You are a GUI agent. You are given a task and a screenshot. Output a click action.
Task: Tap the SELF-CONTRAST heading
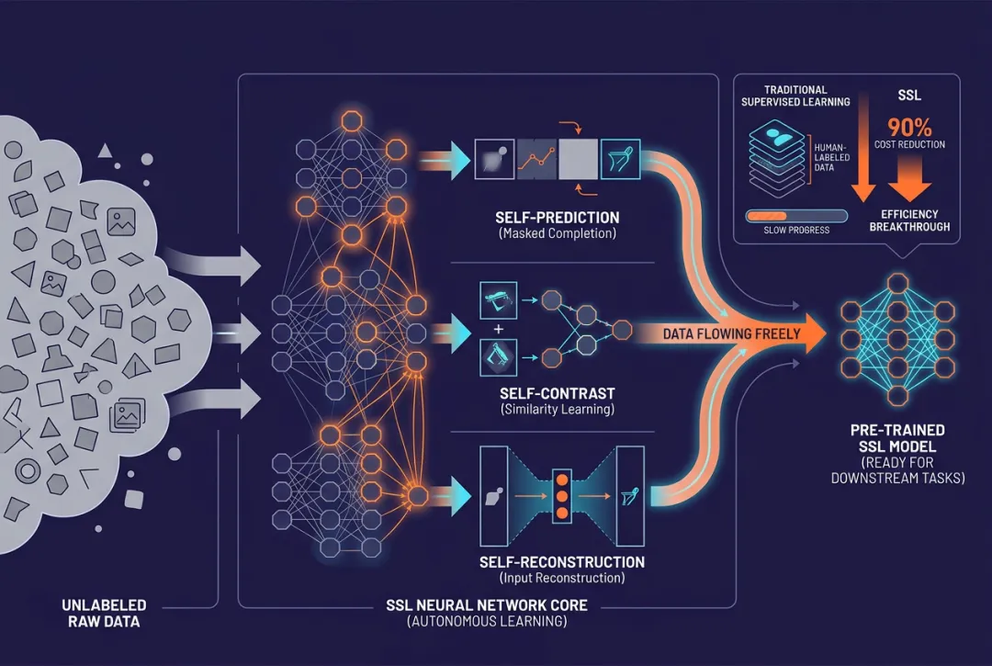(x=558, y=392)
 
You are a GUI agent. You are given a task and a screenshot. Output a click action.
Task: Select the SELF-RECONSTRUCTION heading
(x=561, y=561)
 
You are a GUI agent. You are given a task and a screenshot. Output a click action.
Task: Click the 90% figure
(x=908, y=126)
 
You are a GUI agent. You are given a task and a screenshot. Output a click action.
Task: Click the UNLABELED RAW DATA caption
(x=104, y=613)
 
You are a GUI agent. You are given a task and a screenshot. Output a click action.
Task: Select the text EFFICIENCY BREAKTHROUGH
(x=908, y=220)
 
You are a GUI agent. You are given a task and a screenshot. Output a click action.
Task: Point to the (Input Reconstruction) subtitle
(x=561, y=578)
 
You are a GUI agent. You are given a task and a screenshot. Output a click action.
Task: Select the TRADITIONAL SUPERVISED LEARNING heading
(x=795, y=96)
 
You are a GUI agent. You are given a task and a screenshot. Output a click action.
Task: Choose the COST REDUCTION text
(x=909, y=145)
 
